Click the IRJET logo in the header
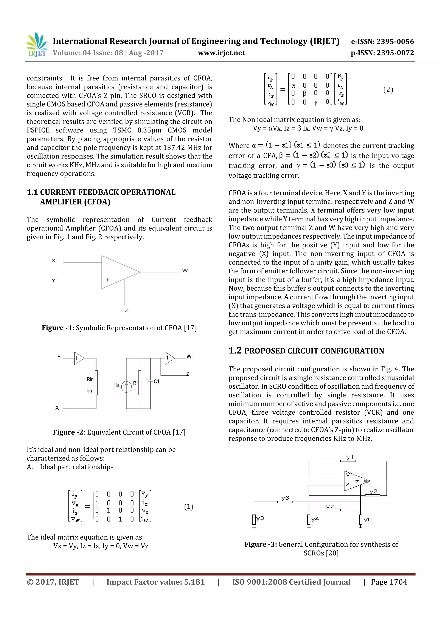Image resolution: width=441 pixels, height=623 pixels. (36, 45)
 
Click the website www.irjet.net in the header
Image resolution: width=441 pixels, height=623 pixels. (221, 53)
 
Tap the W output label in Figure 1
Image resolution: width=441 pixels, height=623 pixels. (185, 271)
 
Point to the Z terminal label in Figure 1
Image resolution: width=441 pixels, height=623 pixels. (126, 310)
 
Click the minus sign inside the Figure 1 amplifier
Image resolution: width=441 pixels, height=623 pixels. (107, 264)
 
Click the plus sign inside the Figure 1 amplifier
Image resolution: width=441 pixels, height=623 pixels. (108, 280)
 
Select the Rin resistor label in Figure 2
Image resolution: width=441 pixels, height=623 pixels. (90, 379)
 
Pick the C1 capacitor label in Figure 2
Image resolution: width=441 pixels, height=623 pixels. (157, 381)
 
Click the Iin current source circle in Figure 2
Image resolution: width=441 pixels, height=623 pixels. (126, 386)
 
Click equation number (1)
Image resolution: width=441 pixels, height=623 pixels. (189, 507)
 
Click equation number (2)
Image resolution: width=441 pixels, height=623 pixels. (388, 90)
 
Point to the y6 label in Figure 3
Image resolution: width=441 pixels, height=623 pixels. (285, 498)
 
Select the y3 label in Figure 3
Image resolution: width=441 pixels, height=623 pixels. (260, 518)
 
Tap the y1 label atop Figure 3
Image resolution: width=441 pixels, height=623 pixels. (350, 457)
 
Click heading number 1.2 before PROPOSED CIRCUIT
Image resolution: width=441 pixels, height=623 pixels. (235, 351)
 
